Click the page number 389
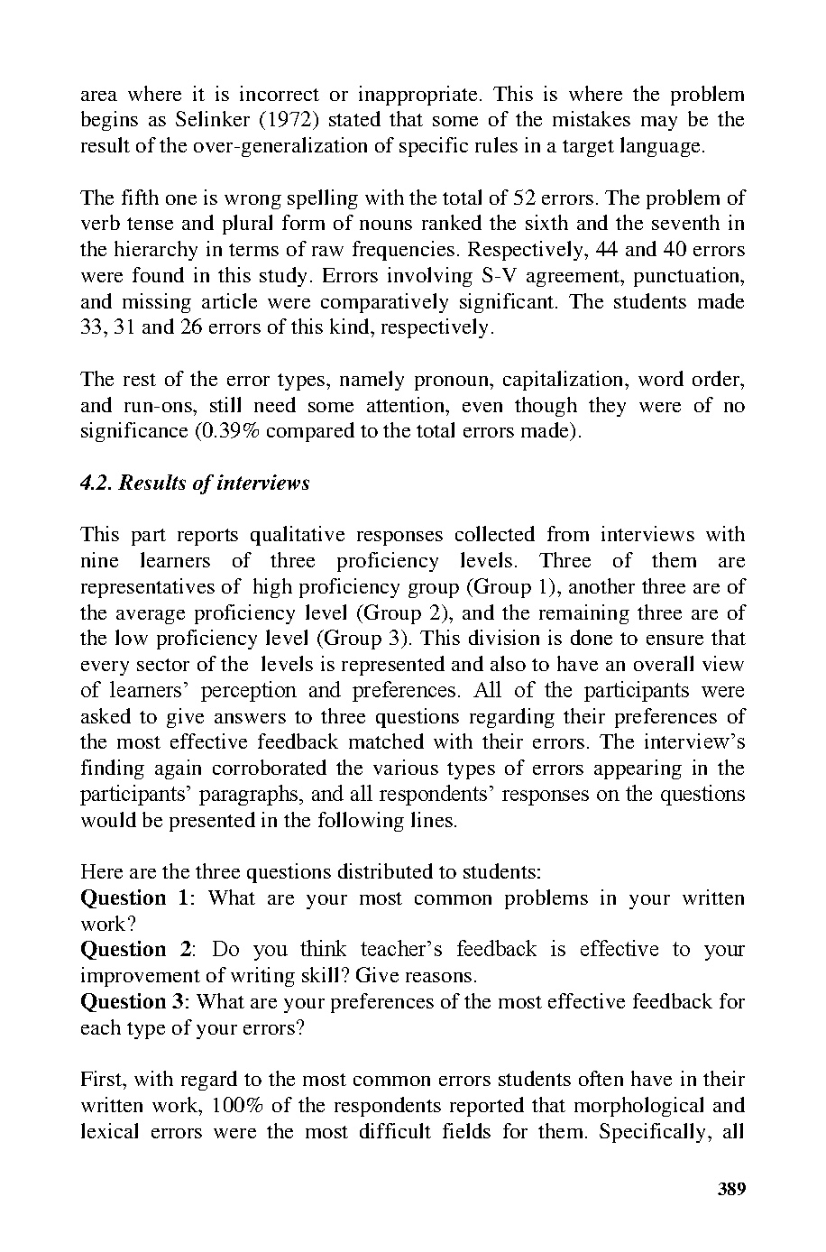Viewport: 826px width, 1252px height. pyautogui.click(x=731, y=1189)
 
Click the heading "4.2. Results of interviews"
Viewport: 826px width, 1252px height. pyautogui.click(x=195, y=483)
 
